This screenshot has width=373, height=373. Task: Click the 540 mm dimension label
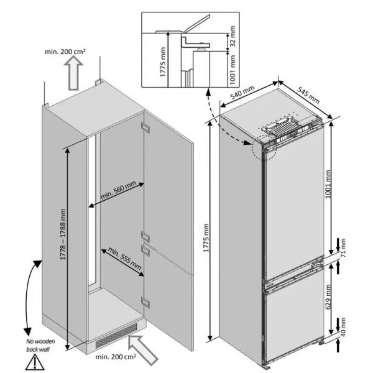[x=242, y=92]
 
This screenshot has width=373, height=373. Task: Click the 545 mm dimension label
[x=308, y=95]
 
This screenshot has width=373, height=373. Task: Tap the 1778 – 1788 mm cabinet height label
[x=63, y=234]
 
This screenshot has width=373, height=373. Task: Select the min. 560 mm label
[x=118, y=190]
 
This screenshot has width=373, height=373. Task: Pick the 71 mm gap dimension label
[x=343, y=248]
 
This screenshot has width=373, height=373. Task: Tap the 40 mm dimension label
[x=343, y=327]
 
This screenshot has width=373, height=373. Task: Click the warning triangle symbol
[x=35, y=363]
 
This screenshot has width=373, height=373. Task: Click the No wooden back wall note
[x=40, y=346]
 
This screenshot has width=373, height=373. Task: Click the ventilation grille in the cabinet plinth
[x=116, y=335]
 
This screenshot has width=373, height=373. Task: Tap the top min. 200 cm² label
[x=65, y=52]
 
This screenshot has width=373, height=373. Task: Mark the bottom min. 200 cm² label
[x=116, y=357]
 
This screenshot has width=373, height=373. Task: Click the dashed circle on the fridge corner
[x=264, y=147]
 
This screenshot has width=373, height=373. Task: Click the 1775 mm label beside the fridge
[x=206, y=237]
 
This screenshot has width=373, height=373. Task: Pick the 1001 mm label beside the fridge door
[x=328, y=184]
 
